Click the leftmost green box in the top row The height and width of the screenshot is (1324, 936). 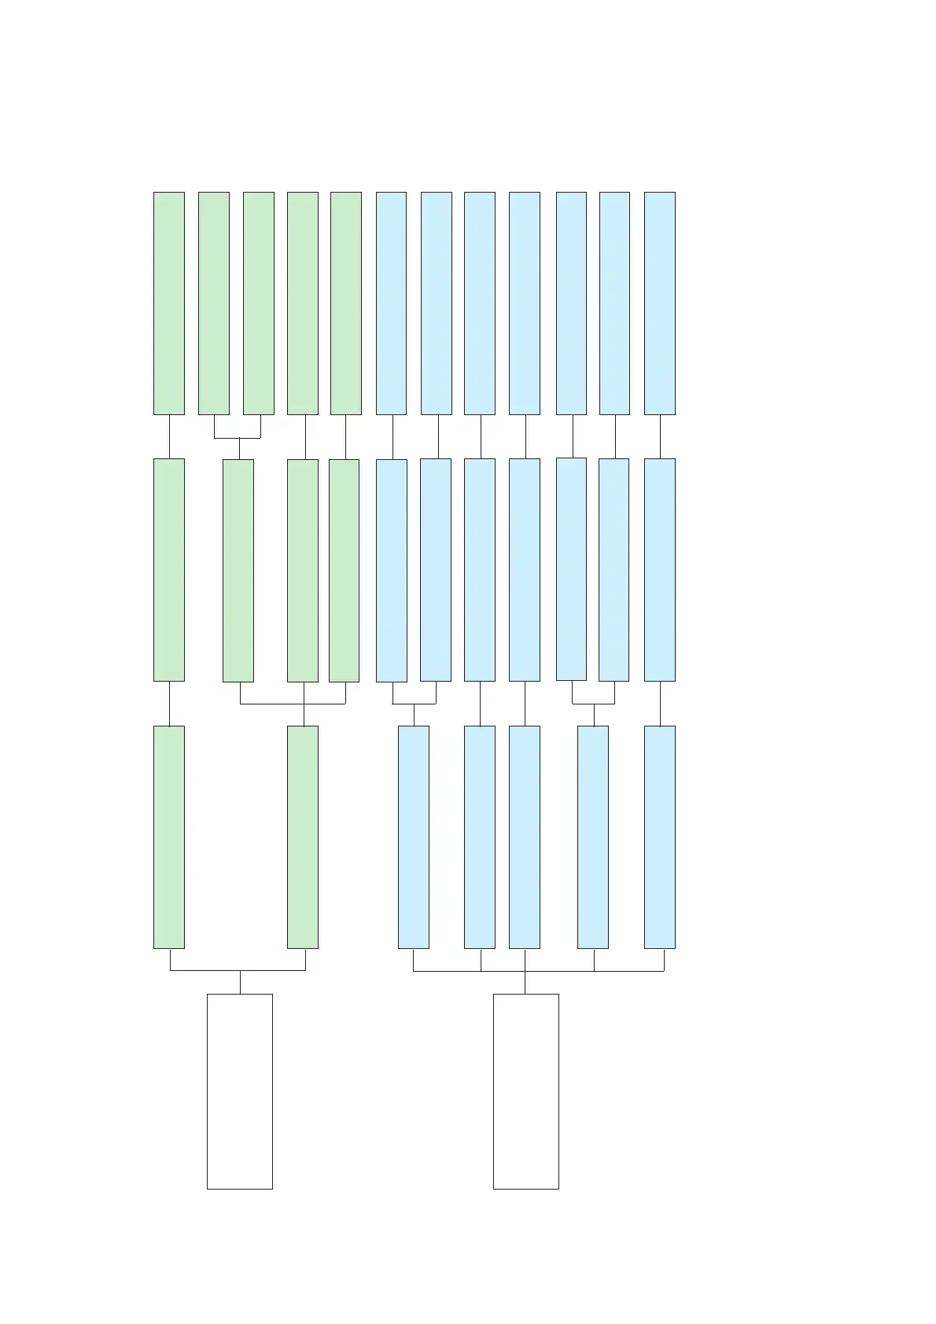pyautogui.click(x=169, y=303)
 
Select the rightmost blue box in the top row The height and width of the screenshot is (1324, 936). pyautogui.click(x=659, y=303)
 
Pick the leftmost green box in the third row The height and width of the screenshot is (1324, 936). pyautogui.click(x=169, y=837)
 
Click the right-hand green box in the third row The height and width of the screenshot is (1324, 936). pyautogui.click(x=303, y=837)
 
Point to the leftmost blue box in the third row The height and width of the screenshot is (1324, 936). pyautogui.click(x=414, y=837)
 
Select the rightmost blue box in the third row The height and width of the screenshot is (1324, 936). pyautogui.click(x=659, y=837)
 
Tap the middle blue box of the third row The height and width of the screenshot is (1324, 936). pyautogui.click(x=525, y=837)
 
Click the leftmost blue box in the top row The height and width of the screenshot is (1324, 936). pyautogui.click(x=392, y=303)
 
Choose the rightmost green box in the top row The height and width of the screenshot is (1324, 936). pyautogui.click(x=346, y=303)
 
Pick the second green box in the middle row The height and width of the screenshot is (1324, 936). pyautogui.click(x=238, y=570)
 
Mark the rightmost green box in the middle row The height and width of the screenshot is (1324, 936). pyautogui.click(x=344, y=570)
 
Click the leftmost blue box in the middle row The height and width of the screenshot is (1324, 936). pyautogui.click(x=392, y=570)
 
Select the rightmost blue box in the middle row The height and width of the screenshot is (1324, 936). pyautogui.click(x=659, y=570)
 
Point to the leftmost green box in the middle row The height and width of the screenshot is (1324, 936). pyautogui.click(x=169, y=570)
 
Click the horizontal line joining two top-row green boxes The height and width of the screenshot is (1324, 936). pyautogui.click(x=238, y=437)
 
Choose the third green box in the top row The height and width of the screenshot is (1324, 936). pyautogui.click(x=259, y=303)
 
